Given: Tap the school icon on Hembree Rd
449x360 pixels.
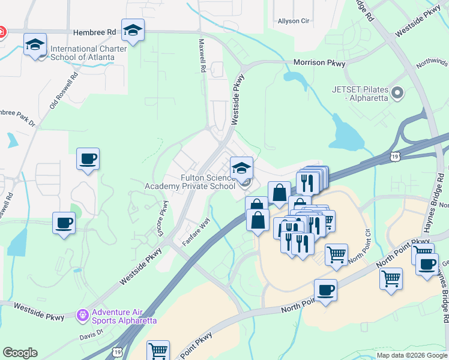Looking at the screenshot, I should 133,30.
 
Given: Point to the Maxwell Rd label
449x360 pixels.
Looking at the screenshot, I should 202,56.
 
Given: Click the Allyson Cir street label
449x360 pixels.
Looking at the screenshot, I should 293,21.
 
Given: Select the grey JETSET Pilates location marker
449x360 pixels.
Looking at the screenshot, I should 397,93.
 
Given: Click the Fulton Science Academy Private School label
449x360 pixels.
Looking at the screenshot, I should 190,182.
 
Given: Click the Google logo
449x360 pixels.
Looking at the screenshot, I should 20,352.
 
